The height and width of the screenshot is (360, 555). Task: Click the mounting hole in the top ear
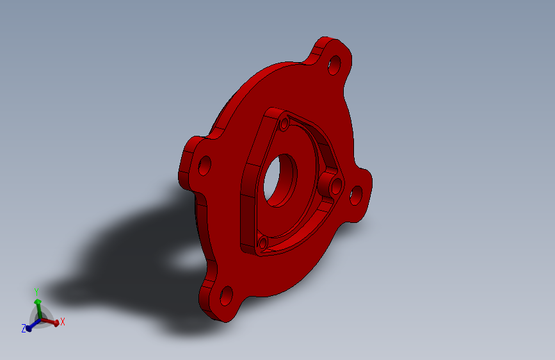(x=334, y=65)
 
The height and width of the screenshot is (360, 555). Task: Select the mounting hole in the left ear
(x=205, y=165)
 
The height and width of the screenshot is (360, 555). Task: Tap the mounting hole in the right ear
(x=356, y=195)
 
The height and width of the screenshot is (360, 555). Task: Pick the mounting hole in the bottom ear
(x=227, y=296)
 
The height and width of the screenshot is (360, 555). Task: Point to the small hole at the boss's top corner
(x=284, y=124)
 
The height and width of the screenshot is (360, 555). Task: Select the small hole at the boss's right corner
(x=336, y=186)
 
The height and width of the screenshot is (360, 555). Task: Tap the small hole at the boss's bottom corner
(x=263, y=243)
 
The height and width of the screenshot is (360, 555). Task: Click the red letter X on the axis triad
(x=63, y=322)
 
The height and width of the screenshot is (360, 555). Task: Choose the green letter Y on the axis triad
(x=36, y=292)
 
